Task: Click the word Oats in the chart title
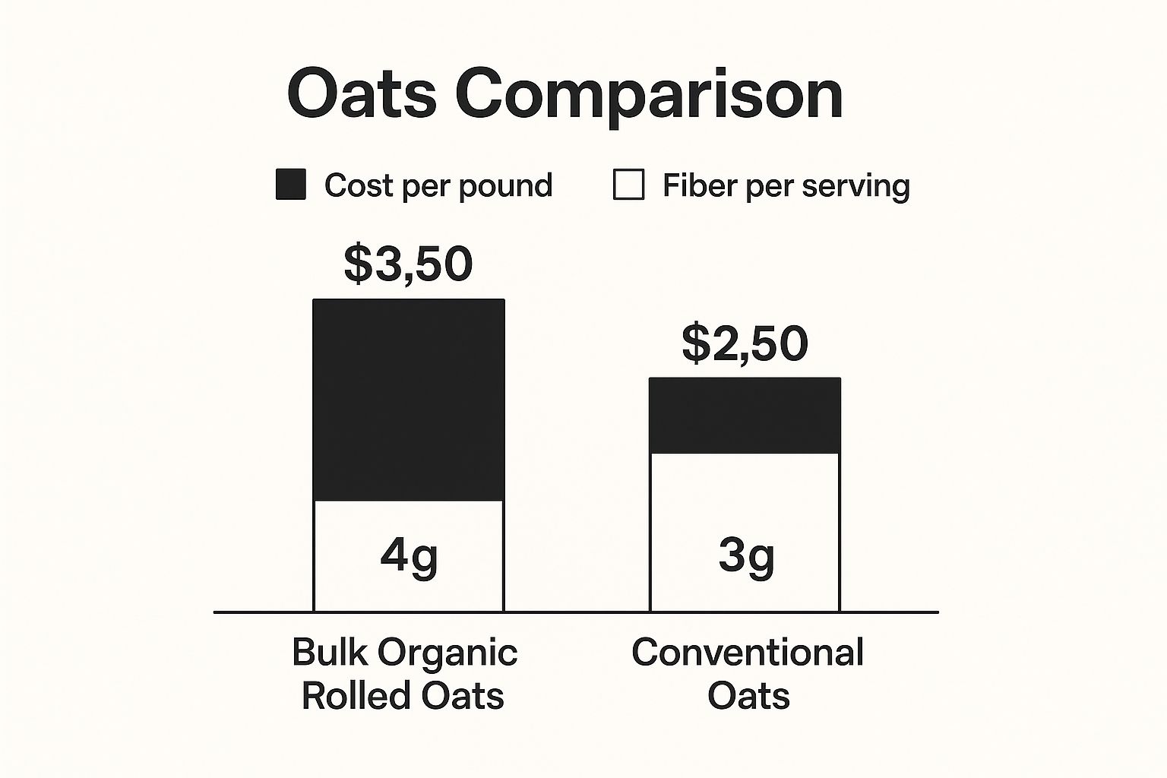[x=362, y=94]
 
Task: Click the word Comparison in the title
[x=649, y=96]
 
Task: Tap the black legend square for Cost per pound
[x=291, y=185]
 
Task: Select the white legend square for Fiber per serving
[x=628, y=185]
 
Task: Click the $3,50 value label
[x=409, y=264]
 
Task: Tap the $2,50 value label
[x=745, y=343]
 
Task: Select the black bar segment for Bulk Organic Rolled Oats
[x=409, y=400]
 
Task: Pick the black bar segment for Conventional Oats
[x=745, y=415]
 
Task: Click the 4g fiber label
[x=409, y=557]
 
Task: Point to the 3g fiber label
[x=746, y=557]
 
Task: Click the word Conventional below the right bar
[x=748, y=652]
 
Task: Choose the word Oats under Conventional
[x=748, y=695]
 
